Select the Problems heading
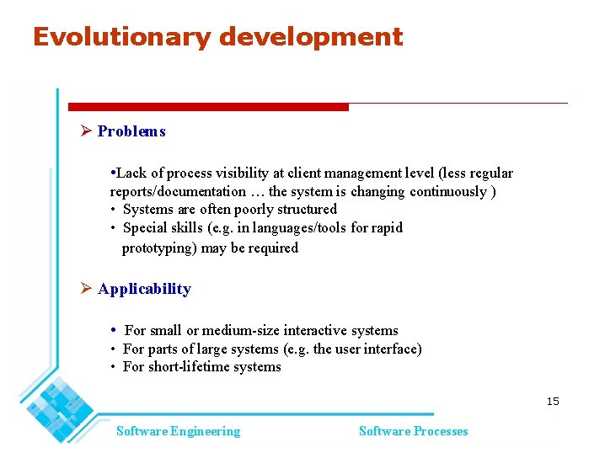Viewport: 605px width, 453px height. (x=131, y=131)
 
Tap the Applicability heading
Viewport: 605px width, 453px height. (x=144, y=289)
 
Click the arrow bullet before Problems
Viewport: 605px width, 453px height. (x=86, y=131)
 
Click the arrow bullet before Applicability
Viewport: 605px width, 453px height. (x=86, y=289)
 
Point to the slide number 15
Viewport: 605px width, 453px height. (x=552, y=402)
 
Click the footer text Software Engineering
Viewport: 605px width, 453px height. (x=178, y=431)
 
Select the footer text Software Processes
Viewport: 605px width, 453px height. (x=413, y=431)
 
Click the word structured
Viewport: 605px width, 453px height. (x=306, y=210)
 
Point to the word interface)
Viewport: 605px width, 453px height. (x=392, y=349)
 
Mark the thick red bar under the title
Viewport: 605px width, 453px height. (x=208, y=107)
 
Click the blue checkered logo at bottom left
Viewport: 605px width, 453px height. (x=59, y=403)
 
